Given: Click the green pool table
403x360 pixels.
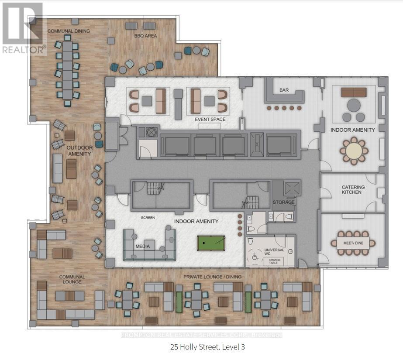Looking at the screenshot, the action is (x=211, y=243).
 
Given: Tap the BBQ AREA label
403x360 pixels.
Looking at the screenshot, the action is (x=145, y=36).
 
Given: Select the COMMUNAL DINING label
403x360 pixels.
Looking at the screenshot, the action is (x=69, y=31).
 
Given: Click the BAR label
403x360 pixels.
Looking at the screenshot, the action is (x=284, y=90).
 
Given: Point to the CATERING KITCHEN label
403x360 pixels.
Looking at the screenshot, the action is (x=353, y=189).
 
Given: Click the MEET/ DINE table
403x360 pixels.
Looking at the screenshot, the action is (x=353, y=243).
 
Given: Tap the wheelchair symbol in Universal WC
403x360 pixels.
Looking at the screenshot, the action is (x=255, y=256).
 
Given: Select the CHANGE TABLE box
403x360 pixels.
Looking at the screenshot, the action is (x=273, y=261).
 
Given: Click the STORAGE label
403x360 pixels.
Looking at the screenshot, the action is (x=283, y=202).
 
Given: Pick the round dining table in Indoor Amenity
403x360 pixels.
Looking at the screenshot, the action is (x=354, y=151).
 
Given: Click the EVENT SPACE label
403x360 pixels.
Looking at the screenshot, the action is (x=210, y=120).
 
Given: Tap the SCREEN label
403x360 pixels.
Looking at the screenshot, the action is (x=148, y=218).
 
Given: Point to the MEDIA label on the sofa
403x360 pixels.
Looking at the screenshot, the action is (x=143, y=247).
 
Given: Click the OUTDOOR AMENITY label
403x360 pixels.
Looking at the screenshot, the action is (x=79, y=151).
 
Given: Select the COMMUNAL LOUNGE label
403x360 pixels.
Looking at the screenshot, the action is (x=72, y=279).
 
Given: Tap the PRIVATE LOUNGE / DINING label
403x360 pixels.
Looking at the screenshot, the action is (x=212, y=277).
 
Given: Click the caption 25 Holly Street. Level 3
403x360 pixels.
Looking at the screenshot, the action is (x=207, y=347).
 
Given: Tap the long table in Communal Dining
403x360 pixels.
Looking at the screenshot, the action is (x=68, y=70).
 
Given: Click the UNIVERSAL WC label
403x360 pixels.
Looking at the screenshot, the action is (x=274, y=252).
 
